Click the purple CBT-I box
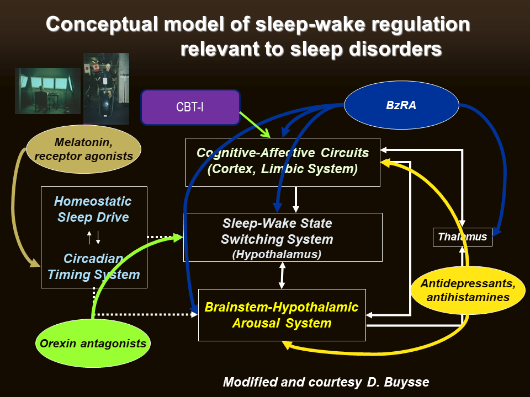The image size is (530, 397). tap(190, 107)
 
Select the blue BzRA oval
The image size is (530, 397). tap(401, 105)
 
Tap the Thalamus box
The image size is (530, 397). tap(462, 237)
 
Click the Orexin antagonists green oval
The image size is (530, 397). tap(93, 344)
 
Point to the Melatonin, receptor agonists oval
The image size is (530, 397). tap(83, 149)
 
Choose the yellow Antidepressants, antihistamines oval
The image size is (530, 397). tap(468, 291)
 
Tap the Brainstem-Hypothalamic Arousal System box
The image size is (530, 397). tap(282, 315)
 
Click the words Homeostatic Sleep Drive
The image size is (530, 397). tap(94, 209)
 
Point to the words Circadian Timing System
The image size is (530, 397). tap(94, 266)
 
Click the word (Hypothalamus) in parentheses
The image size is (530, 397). tap(277, 254)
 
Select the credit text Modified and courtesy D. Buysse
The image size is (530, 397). tap(326, 382)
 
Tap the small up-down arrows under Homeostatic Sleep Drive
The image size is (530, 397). tap(94, 238)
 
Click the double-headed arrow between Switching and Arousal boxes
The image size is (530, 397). tap(283, 275)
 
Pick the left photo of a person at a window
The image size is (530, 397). tap(47, 90)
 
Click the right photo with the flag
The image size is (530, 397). tap(106, 88)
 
